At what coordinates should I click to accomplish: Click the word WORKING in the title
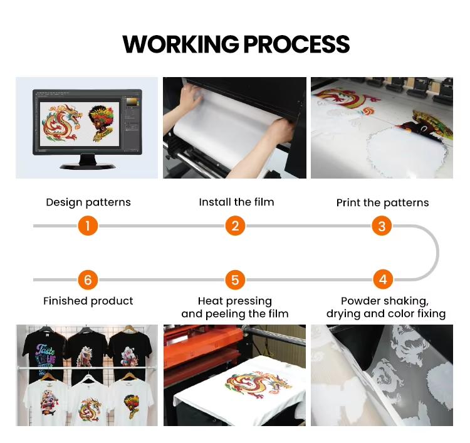pyautogui.click(x=180, y=44)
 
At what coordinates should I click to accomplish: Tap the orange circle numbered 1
pyautogui.click(x=88, y=226)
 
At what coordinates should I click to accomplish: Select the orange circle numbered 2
pyautogui.click(x=235, y=226)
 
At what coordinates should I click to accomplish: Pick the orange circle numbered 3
pyautogui.click(x=382, y=226)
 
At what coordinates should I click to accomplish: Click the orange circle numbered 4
pyautogui.click(x=382, y=279)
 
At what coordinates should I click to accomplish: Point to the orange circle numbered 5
pyautogui.click(x=235, y=279)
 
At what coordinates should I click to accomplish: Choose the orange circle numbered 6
pyautogui.click(x=88, y=279)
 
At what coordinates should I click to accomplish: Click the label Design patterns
pyautogui.click(x=88, y=202)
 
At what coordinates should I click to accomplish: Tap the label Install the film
pyautogui.click(x=236, y=202)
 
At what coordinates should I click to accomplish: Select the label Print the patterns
pyautogui.click(x=382, y=202)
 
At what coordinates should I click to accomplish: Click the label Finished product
pyautogui.click(x=88, y=301)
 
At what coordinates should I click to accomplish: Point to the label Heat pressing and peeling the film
pyautogui.click(x=235, y=307)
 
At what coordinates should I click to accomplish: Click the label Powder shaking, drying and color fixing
pyautogui.click(x=385, y=307)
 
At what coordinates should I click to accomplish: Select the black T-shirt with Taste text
pyautogui.click(x=44, y=351)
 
